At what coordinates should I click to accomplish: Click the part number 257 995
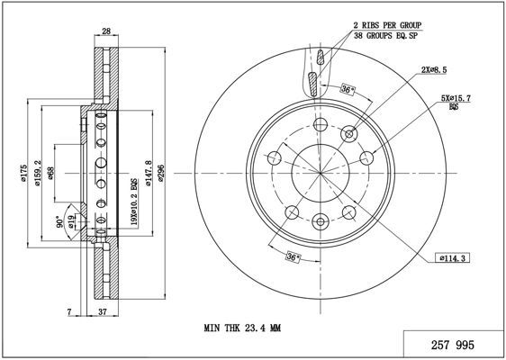coord(453,346)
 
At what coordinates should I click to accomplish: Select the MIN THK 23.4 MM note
coord(242,328)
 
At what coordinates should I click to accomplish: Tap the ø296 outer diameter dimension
coord(161,176)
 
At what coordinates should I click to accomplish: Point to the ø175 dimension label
coord(23,174)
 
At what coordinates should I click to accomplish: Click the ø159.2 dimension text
coord(37,173)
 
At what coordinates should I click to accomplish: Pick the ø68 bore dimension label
coord(50,173)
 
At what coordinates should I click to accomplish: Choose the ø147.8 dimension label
coord(149,173)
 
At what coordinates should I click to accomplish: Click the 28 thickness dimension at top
coord(106,31)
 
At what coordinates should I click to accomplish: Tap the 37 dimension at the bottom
coord(102,311)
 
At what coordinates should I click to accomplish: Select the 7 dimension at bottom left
coord(68,311)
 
